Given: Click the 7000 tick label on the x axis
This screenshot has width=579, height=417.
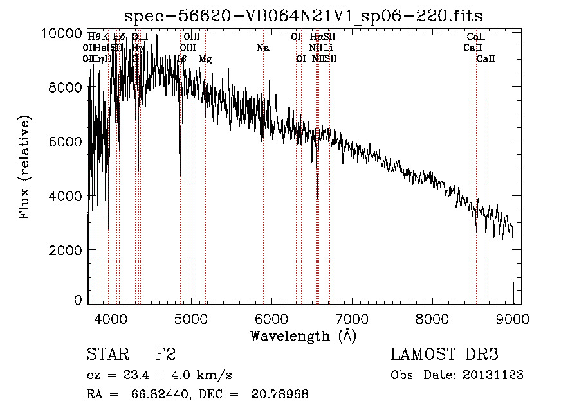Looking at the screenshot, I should [351, 317].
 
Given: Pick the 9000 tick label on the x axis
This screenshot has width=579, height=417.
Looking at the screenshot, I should [512, 317].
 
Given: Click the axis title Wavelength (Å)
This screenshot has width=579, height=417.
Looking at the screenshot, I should [303, 335].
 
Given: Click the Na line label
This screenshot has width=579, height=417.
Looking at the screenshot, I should [262, 48].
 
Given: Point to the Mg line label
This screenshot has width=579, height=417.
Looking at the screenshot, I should [205, 59].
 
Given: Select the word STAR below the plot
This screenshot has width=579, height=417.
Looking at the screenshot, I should [106, 355].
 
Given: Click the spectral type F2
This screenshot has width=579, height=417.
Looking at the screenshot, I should [165, 355].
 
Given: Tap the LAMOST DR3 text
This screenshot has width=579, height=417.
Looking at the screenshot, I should [445, 355].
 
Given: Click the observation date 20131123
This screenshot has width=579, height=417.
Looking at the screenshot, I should [496, 375].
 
